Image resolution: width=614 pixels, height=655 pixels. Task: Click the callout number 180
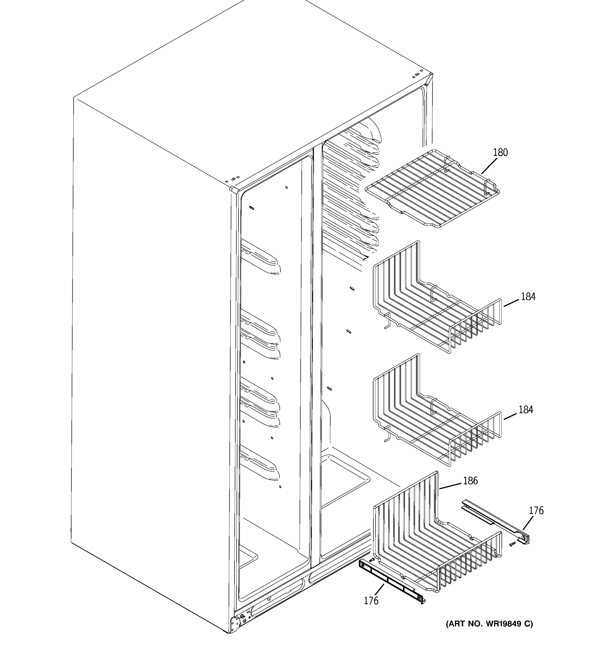500,153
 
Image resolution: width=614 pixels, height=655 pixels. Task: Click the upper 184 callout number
528,297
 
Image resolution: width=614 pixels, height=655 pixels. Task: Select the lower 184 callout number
526,410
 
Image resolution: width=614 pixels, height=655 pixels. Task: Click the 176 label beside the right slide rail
536,511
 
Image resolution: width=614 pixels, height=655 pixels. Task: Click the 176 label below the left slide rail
371,601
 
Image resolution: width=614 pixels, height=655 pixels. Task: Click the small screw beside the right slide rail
512,544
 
